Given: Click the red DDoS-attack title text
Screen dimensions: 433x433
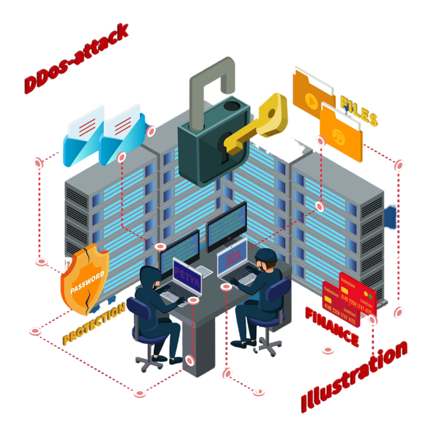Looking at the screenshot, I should (77, 59).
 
